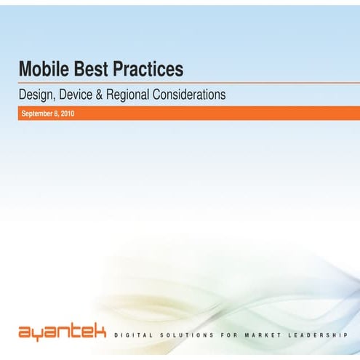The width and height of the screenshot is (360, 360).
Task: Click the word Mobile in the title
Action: [41, 71]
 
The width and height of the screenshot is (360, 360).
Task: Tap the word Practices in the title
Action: [145, 71]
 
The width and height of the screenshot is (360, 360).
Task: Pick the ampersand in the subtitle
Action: [114, 95]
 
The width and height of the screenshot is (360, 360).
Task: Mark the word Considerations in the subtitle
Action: [199, 95]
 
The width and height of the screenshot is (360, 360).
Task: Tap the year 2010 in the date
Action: [68, 113]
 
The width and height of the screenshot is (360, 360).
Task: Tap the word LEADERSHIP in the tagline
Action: [324, 335]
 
